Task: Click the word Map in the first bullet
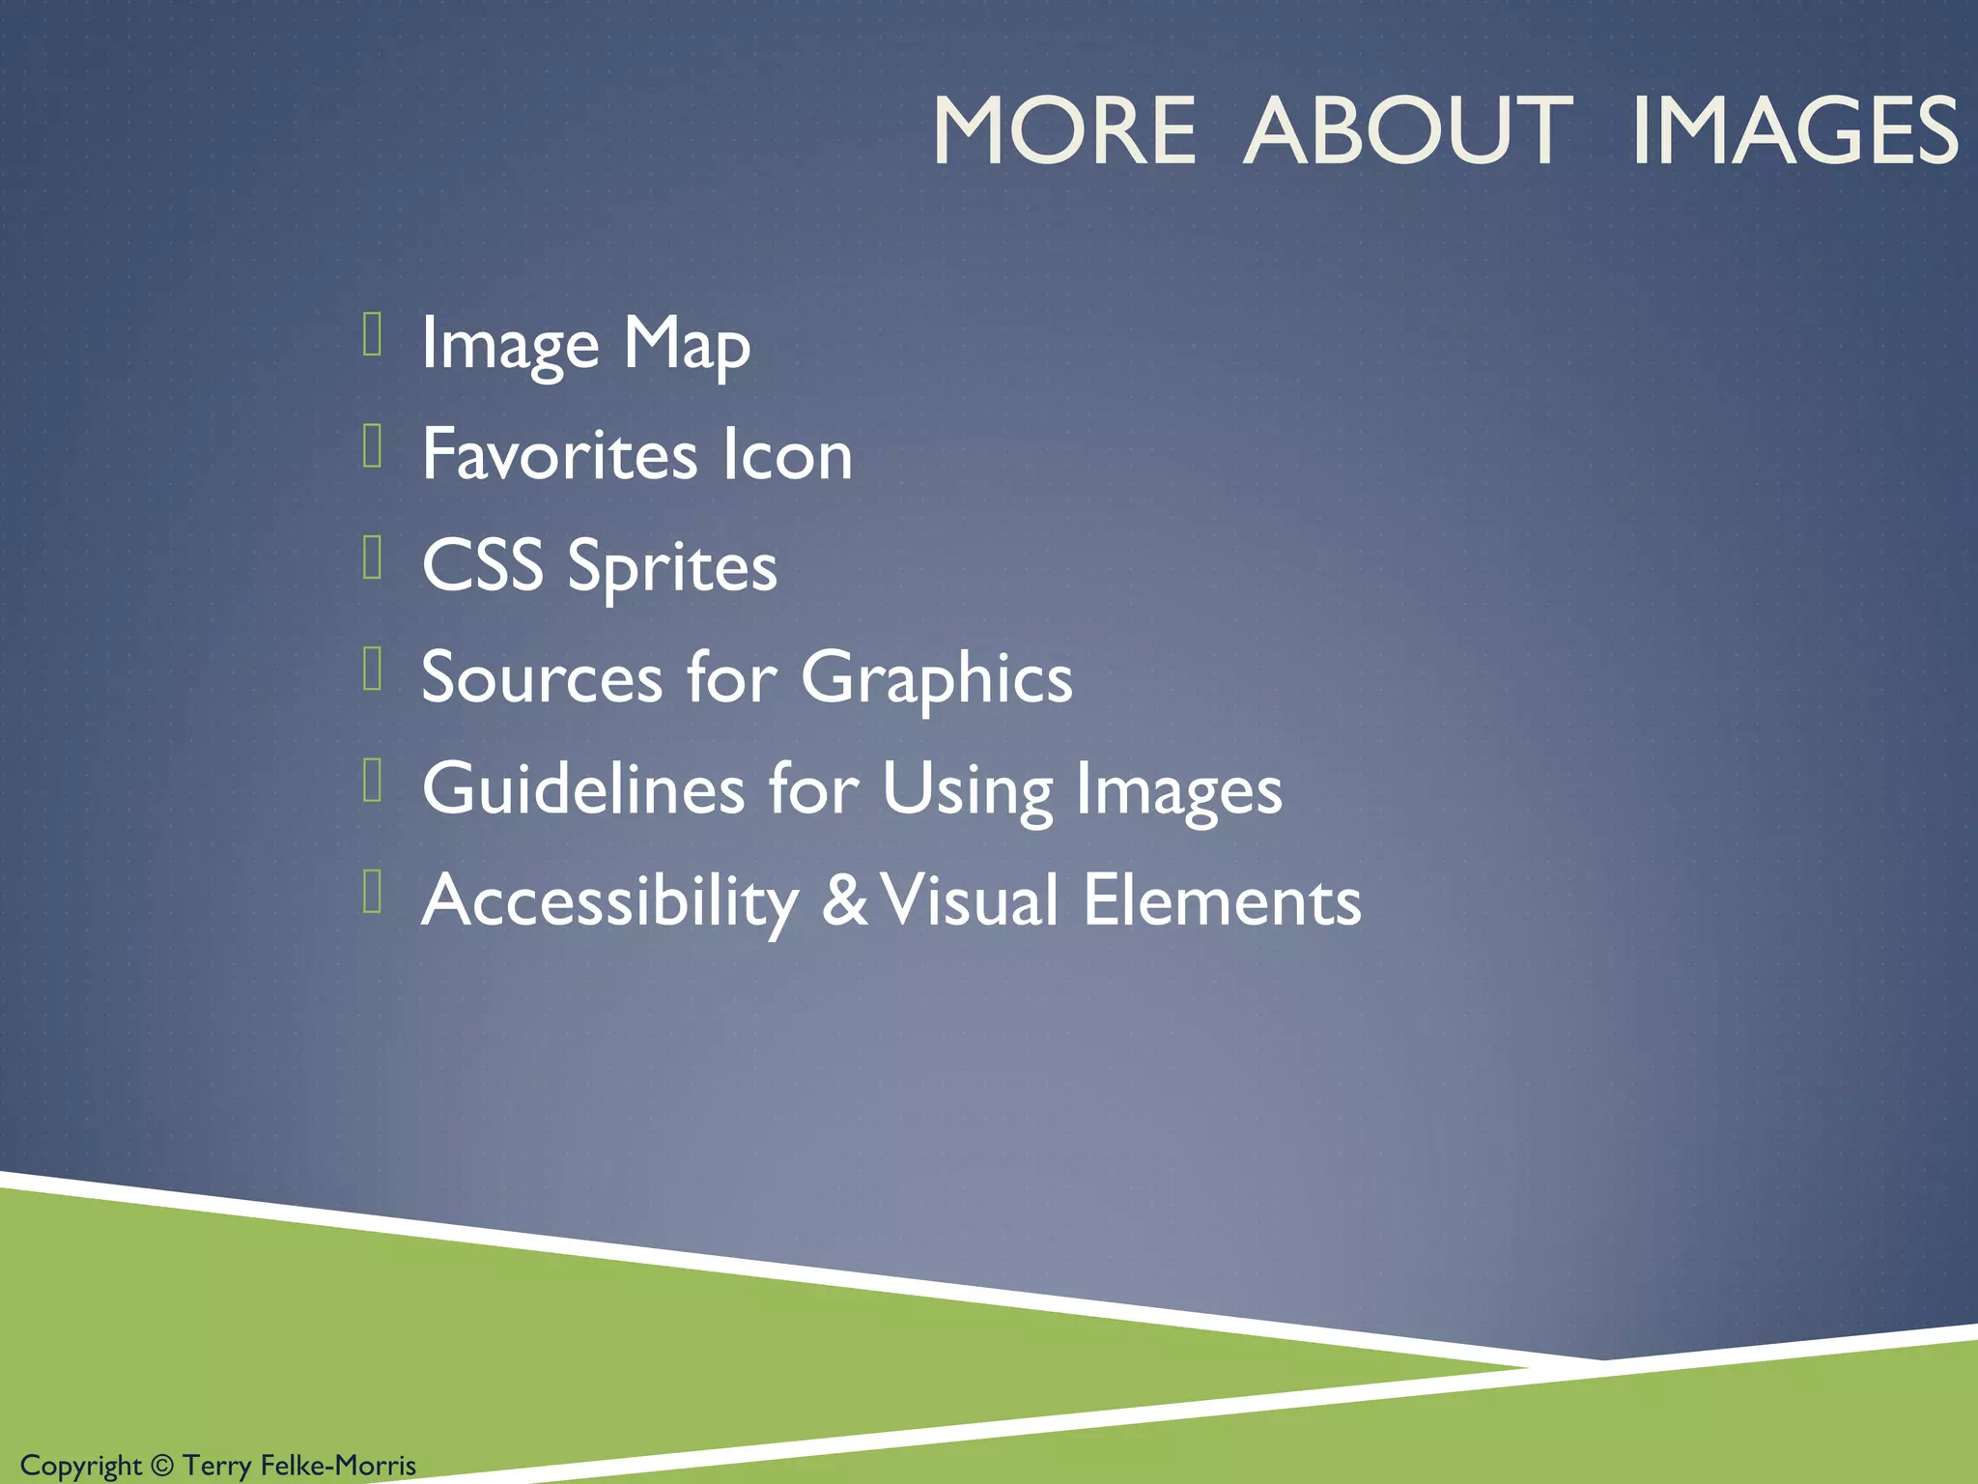click(x=687, y=344)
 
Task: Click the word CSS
click(x=483, y=565)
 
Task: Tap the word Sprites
click(x=672, y=567)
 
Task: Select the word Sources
click(x=542, y=677)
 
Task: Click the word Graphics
click(x=936, y=679)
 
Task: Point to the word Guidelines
click(x=583, y=788)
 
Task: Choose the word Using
click(x=966, y=790)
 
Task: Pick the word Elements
click(x=1222, y=900)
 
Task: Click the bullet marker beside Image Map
click(x=373, y=334)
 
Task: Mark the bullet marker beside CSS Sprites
click(x=373, y=556)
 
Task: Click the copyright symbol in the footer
click(x=162, y=1466)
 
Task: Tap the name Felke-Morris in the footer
click(x=338, y=1466)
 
